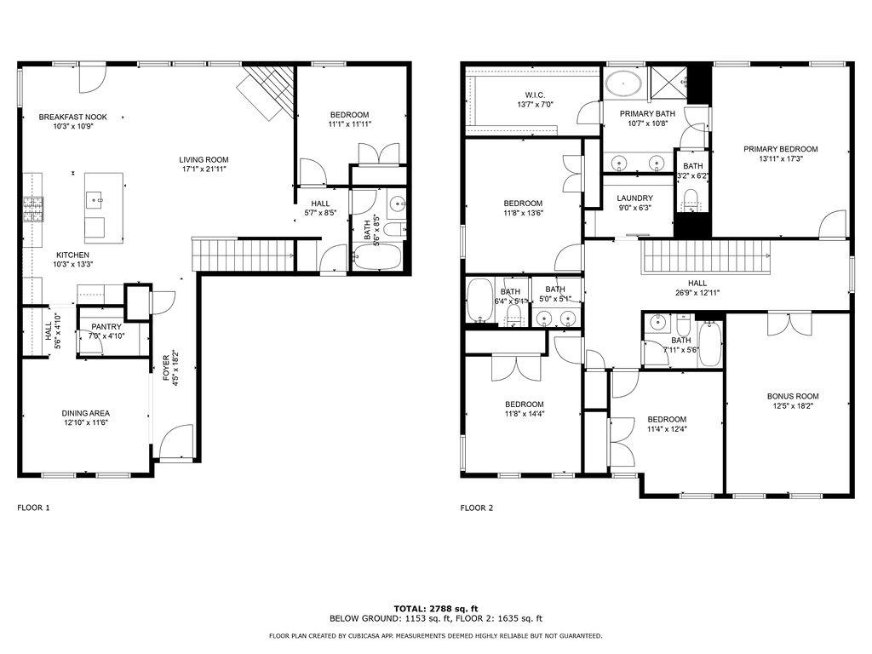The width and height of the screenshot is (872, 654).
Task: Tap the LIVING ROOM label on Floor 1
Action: tap(204, 159)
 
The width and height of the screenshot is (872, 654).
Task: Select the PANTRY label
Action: tap(106, 326)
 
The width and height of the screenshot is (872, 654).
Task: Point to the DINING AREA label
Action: tap(84, 412)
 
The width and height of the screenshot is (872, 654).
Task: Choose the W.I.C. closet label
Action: tap(535, 95)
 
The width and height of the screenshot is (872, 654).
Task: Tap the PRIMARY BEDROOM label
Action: tap(780, 149)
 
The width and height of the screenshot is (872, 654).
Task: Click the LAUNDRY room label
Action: tap(634, 198)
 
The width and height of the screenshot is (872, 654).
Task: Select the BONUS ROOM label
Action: tap(792, 396)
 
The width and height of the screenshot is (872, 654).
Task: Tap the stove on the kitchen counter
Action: tap(32, 209)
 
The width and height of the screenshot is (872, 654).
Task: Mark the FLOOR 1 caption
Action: tap(34, 508)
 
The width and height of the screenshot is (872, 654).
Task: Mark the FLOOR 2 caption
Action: tap(477, 508)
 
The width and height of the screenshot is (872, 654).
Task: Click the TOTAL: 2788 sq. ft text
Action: tap(435, 608)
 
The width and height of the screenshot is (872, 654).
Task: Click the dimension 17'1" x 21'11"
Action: tap(204, 169)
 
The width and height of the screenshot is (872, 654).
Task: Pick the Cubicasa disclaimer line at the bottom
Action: tap(435, 635)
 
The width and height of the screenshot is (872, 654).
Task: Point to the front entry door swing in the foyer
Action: tap(173, 441)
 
